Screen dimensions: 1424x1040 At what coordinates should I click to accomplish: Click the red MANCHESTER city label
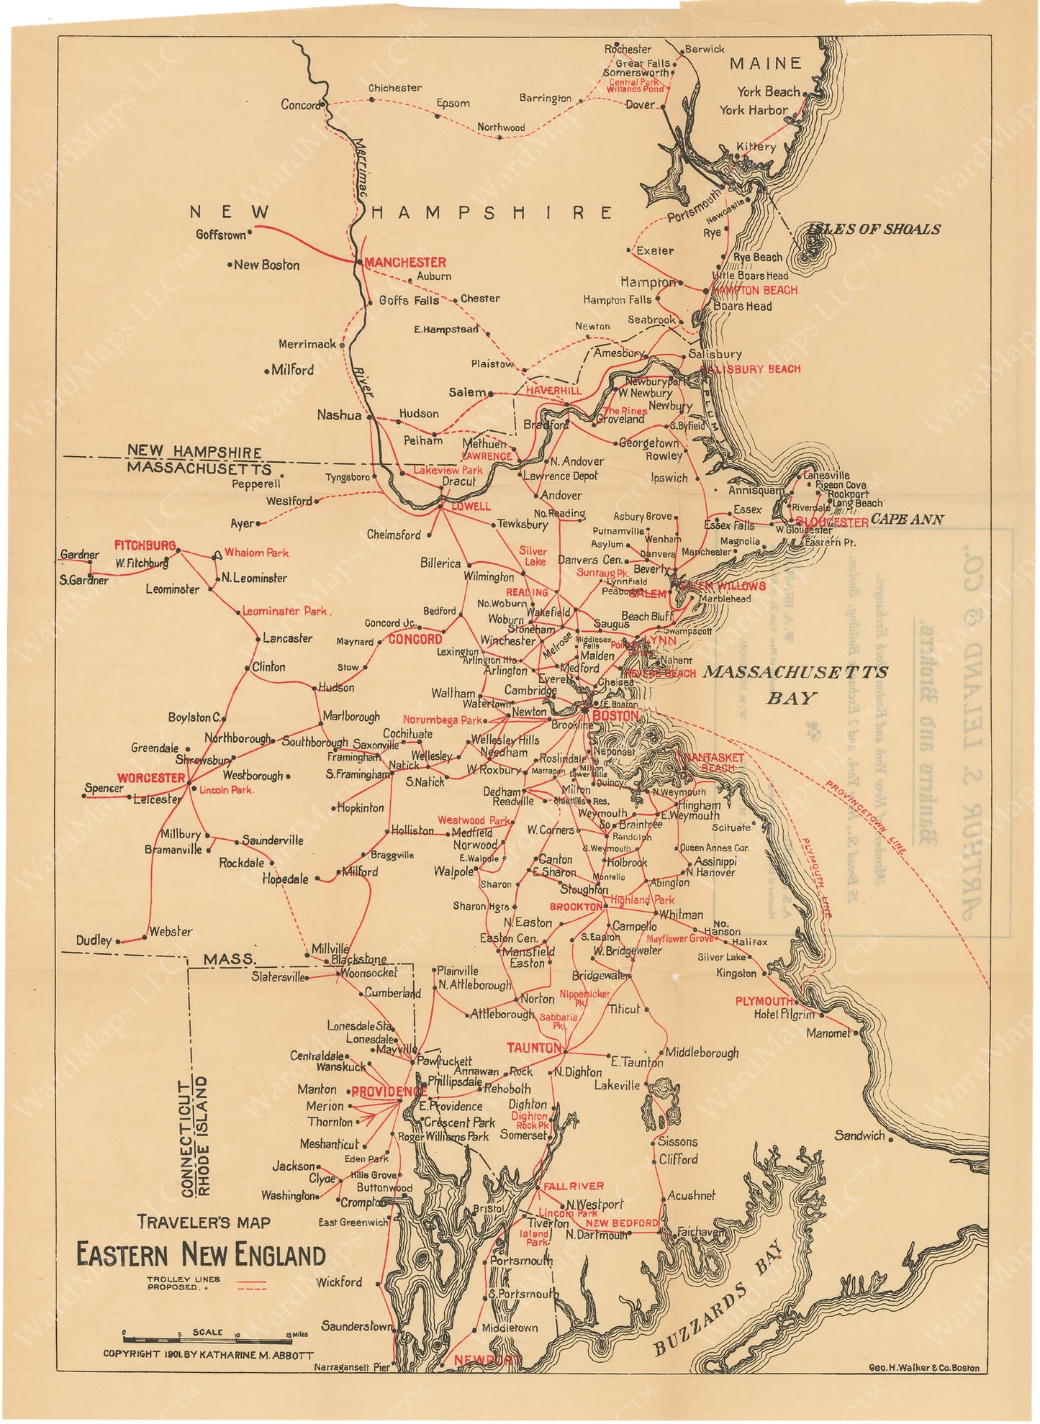click(x=405, y=263)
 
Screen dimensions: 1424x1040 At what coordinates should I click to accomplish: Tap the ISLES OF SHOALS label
click(x=874, y=230)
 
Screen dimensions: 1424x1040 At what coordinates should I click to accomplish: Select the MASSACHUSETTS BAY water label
click(x=795, y=684)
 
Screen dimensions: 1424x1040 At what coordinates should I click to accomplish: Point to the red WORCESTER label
click(x=150, y=778)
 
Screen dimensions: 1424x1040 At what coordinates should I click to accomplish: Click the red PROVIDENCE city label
click(x=389, y=1092)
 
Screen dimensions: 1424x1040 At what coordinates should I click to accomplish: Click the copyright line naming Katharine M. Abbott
click(x=208, y=1354)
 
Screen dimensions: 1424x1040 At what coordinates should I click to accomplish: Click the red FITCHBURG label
click(x=145, y=545)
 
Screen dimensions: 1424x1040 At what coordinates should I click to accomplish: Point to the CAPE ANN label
click(x=907, y=519)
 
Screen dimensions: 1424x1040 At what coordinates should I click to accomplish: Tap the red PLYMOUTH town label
click(x=764, y=1001)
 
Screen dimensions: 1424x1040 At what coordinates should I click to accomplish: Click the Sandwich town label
click(x=859, y=1135)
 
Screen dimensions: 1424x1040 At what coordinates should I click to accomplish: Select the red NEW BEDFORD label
click(x=621, y=1223)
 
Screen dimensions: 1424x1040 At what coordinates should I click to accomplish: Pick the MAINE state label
click(x=766, y=64)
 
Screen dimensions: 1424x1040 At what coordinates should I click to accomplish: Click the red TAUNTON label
click(x=533, y=1048)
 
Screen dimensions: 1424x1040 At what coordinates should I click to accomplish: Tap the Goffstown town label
click(x=221, y=235)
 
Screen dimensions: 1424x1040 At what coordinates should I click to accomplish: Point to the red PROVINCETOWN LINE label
click(x=865, y=818)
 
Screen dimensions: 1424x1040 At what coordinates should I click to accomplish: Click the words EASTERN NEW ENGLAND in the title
click(x=201, y=1256)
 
